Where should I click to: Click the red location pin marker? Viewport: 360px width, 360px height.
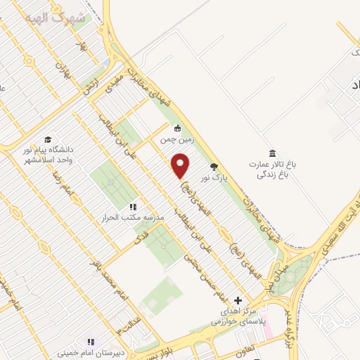tap(181, 167)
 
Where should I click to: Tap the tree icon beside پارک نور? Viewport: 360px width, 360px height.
tap(214, 167)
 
